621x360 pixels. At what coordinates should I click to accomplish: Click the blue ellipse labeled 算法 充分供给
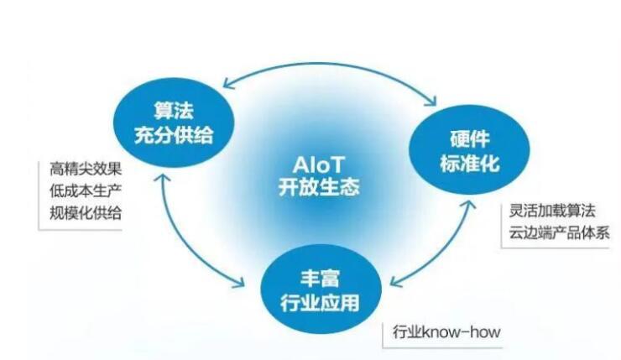pos(174,123)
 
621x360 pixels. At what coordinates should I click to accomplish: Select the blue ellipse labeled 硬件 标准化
pos(469,150)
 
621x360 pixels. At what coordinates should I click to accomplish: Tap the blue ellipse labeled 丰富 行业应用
pos(321,290)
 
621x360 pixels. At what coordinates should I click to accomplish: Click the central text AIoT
pos(319,165)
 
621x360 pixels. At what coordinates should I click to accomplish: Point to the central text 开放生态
pos(319,186)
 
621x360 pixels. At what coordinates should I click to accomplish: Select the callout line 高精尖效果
pos(85,170)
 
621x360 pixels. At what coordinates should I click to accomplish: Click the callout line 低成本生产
pos(85,190)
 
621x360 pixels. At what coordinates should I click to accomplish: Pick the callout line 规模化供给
pos(85,213)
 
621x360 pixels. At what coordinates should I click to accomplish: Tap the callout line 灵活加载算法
pos(552,211)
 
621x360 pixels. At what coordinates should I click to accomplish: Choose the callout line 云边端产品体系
pos(559,233)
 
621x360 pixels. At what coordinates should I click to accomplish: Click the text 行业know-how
pos(446,331)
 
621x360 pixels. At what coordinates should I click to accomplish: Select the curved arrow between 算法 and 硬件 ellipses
pos(329,65)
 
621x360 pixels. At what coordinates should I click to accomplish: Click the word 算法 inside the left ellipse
pos(174,111)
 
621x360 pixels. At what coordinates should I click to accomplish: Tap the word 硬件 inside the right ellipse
pos(470,138)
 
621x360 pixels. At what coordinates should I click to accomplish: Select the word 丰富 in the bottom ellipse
pos(320,278)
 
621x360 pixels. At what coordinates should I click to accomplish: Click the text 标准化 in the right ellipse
pos(470,163)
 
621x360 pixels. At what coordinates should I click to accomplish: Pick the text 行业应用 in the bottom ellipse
pos(320,303)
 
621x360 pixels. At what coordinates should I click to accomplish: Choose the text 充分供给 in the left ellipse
pos(174,135)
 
